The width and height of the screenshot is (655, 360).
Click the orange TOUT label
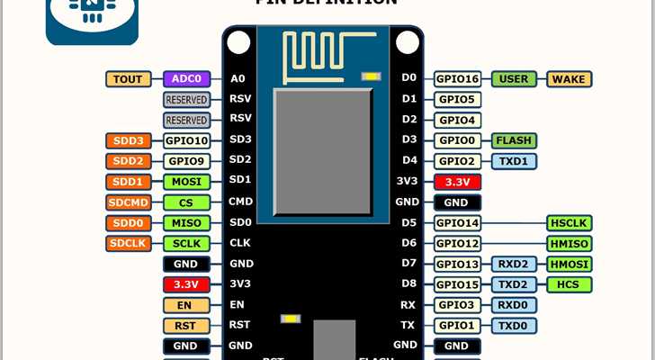click(129, 79)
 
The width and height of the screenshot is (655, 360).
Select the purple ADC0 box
click(186, 79)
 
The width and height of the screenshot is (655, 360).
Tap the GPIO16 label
click(458, 79)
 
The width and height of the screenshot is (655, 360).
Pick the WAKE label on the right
click(569, 79)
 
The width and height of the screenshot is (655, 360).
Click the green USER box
click(514, 79)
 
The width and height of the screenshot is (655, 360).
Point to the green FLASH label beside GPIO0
click(514, 140)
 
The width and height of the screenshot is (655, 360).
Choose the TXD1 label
click(514, 161)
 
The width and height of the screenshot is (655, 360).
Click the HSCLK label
click(569, 222)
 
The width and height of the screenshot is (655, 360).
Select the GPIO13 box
click(458, 264)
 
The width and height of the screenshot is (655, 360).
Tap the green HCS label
click(569, 284)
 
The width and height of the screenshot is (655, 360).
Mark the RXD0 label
click(514, 305)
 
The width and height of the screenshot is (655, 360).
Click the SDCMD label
click(129, 202)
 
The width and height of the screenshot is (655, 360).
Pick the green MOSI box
click(186, 182)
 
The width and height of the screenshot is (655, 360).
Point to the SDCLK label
click(129, 243)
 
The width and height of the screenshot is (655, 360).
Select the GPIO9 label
click(186, 161)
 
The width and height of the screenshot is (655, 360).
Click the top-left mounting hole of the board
click(238, 41)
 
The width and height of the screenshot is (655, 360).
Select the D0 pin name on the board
click(408, 79)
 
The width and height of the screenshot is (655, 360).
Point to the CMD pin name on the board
click(240, 202)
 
